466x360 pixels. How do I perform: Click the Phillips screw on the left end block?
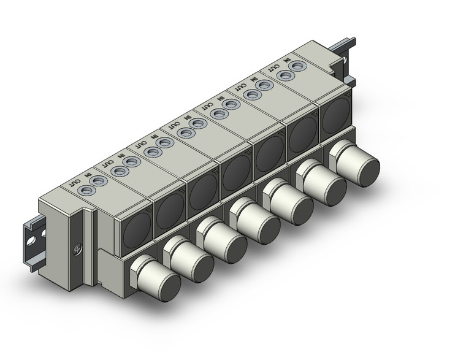tap(78, 250)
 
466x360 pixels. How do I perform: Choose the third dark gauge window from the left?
tap(201, 192)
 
